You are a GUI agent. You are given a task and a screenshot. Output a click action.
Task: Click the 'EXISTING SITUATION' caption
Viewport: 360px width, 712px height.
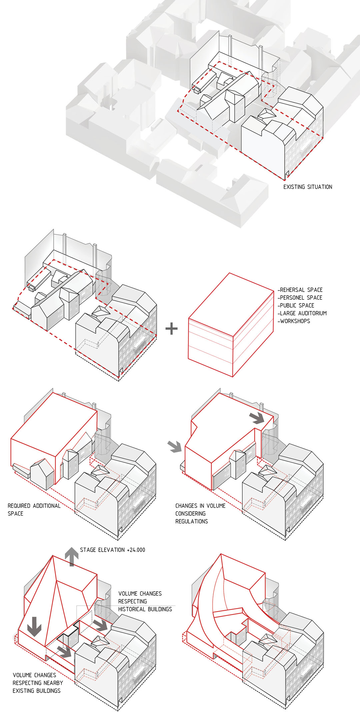pos(308,187)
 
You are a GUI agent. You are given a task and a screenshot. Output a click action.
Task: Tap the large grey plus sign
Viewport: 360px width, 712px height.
pos(172,329)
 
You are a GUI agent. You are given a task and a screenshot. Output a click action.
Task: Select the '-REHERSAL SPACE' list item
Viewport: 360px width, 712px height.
pos(300,290)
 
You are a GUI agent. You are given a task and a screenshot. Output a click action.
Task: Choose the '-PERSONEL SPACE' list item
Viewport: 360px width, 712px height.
pos(300,298)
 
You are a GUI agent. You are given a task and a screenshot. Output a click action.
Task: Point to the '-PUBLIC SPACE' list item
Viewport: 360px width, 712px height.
pos(296,305)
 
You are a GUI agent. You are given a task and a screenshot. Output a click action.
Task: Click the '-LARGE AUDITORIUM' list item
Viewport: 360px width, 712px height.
pos(302,313)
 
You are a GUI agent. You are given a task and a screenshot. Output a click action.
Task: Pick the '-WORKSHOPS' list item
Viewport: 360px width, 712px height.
pos(294,321)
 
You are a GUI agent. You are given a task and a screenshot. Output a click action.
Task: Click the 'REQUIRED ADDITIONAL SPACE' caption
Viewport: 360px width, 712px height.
pos(34,510)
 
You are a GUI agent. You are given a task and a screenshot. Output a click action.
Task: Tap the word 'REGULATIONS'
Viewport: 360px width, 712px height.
pos(191,521)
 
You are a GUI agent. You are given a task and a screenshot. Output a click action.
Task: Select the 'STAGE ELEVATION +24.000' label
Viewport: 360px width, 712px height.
pos(112,550)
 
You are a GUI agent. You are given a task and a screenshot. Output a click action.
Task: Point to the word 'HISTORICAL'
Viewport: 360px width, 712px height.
pos(132,609)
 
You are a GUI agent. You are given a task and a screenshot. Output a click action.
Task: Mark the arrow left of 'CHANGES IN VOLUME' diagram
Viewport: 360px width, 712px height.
pos(175,446)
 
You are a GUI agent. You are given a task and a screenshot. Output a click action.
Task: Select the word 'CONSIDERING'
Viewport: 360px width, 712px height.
pos(190,514)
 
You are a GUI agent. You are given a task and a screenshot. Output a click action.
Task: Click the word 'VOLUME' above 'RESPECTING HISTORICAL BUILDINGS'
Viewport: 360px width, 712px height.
pos(128,594)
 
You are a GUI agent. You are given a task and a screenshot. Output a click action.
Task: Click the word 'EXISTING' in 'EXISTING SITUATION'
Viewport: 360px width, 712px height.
pos(294,187)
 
